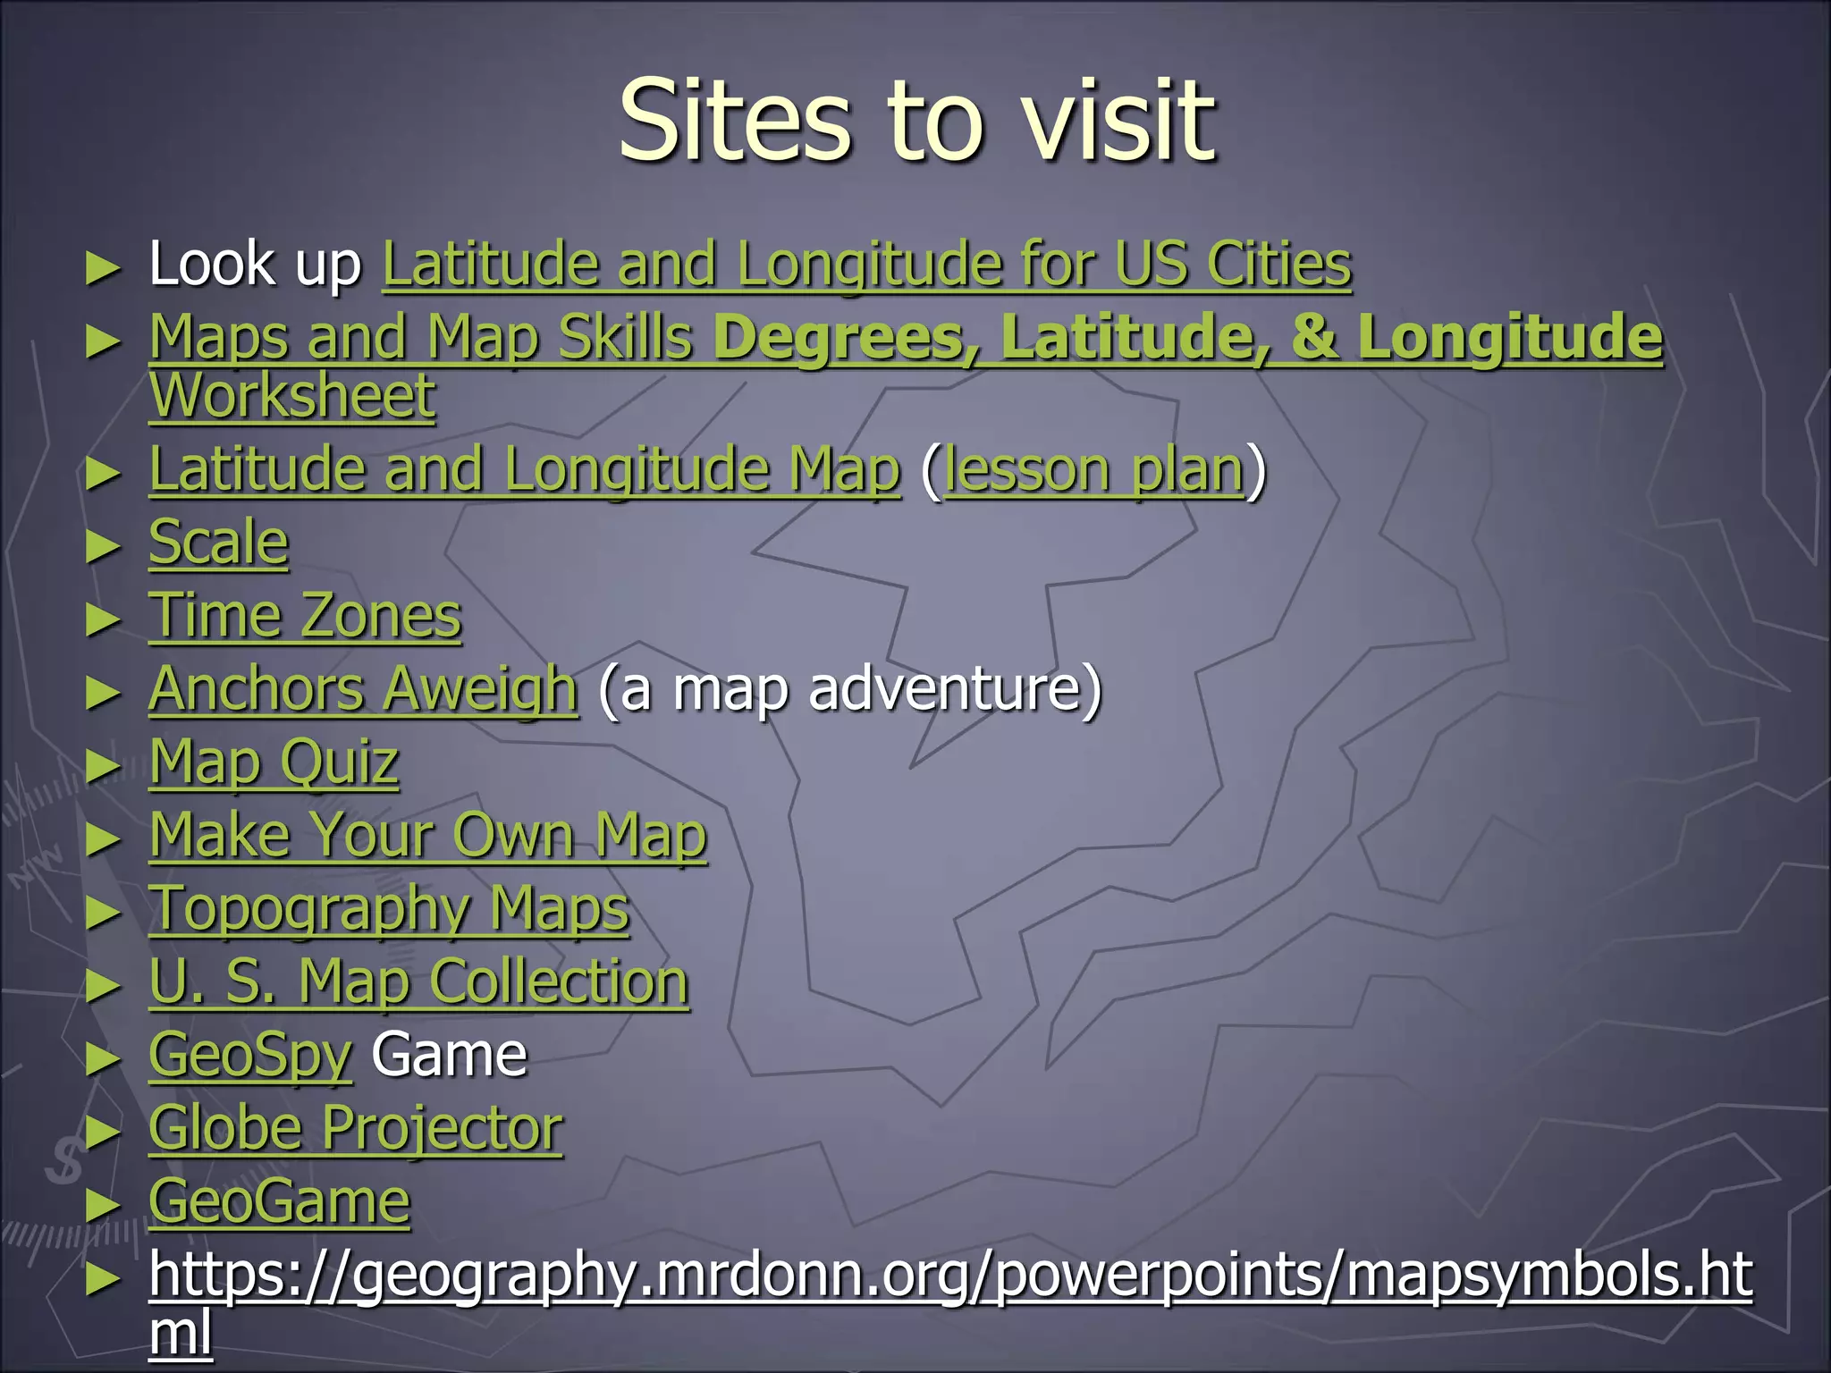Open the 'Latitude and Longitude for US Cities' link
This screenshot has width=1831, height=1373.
tap(866, 265)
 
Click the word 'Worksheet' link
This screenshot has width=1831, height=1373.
tap(292, 395)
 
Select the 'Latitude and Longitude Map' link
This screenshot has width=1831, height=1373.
tap(524, 470)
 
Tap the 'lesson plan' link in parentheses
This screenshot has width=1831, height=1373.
tap(1093, 470)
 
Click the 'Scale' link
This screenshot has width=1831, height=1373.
tap(218, 543)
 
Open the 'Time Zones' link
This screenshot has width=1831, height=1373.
tap(305, 616)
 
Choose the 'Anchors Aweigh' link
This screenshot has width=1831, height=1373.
tap(363, 689)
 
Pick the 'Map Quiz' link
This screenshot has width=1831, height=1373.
tap(274, 762)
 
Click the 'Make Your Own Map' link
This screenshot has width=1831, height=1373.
tap(428, 836)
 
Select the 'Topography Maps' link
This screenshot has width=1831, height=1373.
tap(389, 909)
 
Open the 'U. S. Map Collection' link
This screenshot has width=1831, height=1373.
tap(418, 982)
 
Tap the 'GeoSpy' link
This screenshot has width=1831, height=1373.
tap(250, 1056)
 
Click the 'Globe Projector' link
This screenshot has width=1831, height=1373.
tap(356, 1129)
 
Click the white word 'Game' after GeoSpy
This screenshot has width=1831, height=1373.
tap(449, 1056)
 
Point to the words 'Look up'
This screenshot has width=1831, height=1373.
tap(255, 265)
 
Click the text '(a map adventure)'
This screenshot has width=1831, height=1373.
tap(849, 689)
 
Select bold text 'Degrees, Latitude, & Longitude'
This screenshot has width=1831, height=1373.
tap(1188, 338)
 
